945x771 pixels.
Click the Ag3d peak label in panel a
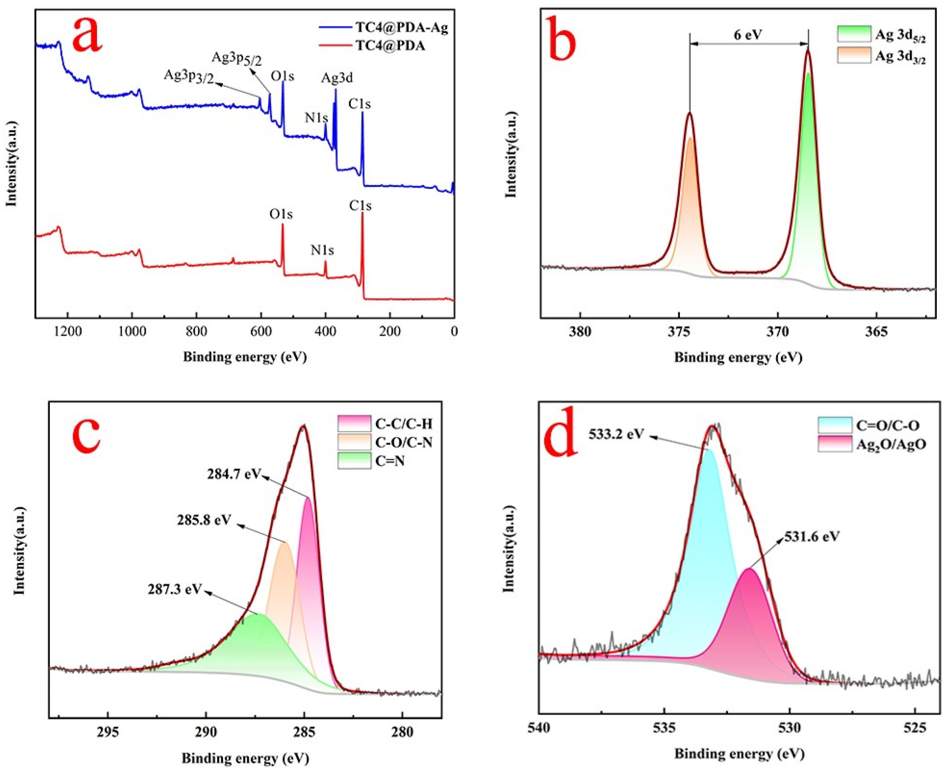coord(337,78)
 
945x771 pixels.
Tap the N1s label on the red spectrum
coord(322,250)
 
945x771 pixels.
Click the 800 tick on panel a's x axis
coord(196,332)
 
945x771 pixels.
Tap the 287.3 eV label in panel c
coord(175,589)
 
